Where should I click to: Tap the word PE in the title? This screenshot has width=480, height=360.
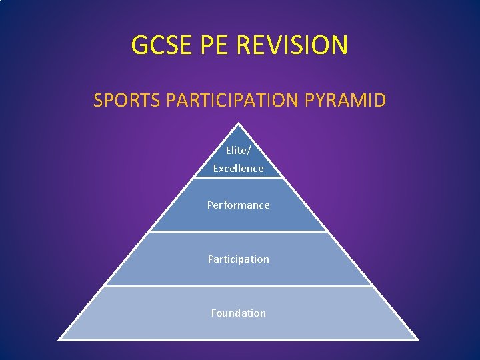(214, 45)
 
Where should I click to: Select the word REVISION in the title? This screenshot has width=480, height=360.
(293, 45)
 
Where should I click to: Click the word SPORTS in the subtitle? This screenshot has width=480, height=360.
(127, 101)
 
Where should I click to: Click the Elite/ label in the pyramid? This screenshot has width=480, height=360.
(238, 151)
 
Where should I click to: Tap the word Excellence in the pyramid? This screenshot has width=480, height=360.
(238, 169)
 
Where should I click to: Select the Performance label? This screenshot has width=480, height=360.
(238, 205)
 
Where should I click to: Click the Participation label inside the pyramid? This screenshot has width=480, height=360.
(238, 259)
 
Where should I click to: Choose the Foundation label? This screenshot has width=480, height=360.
(238, 313)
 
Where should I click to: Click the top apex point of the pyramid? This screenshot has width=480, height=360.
(238, 123)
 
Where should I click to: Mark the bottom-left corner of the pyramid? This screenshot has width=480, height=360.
(59, 340)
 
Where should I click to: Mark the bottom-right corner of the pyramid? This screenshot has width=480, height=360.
(418, 340)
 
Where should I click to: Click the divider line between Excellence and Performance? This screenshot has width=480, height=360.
(238, 178)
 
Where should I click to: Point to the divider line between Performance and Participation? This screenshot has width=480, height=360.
(238, 232)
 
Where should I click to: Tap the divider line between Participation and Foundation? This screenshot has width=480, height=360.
(238, 286)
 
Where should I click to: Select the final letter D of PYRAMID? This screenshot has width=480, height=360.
(379, 101)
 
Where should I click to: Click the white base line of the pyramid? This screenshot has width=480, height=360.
(238, 340)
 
